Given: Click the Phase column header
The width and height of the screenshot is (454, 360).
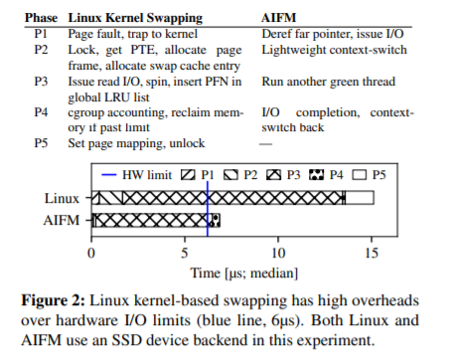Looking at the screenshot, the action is click(x=41, y=18).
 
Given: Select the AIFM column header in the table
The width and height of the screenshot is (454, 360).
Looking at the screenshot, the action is click(x=278, y=18).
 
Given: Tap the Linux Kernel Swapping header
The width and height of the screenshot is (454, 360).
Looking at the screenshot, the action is click(x=135, y=19).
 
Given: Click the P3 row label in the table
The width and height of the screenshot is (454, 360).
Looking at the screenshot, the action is click(x=41, y=82).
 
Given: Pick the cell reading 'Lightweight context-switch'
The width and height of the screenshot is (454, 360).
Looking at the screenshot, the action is click(x=334, y=50).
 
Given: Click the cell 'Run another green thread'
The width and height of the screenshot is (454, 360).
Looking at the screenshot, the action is click(x=329, y=82).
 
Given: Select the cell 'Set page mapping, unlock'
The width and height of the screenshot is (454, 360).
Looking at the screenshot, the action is click(x=136, y=143).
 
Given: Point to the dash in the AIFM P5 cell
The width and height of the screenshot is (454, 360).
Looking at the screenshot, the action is click(x=265, y=144).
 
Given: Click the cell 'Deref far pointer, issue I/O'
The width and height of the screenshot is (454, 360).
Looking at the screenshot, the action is click(x=333, y=34).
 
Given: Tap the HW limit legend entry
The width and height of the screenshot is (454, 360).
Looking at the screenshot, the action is click(x=137, y=175).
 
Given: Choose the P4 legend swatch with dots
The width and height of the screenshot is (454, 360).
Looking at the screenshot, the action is click(x=316, y=175).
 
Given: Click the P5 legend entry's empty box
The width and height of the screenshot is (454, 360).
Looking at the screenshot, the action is click(x=360, y=175).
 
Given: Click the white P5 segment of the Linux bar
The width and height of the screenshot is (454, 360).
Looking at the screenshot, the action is click(x=360, y=198).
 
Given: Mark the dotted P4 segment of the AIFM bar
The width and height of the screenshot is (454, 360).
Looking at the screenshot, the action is click(x=216, y=220).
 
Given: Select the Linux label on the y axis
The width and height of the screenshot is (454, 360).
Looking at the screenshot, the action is click(x=62, y=199).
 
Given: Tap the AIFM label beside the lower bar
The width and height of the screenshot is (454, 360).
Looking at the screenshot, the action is click(x=62, y=221).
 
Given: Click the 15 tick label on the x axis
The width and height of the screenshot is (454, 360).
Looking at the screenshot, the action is click(x=372, y=254).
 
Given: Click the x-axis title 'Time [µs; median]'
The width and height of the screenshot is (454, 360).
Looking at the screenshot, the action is click(x=244, y=273).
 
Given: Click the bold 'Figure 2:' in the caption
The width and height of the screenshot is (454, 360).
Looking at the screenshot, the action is click(x=54, y=301).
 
